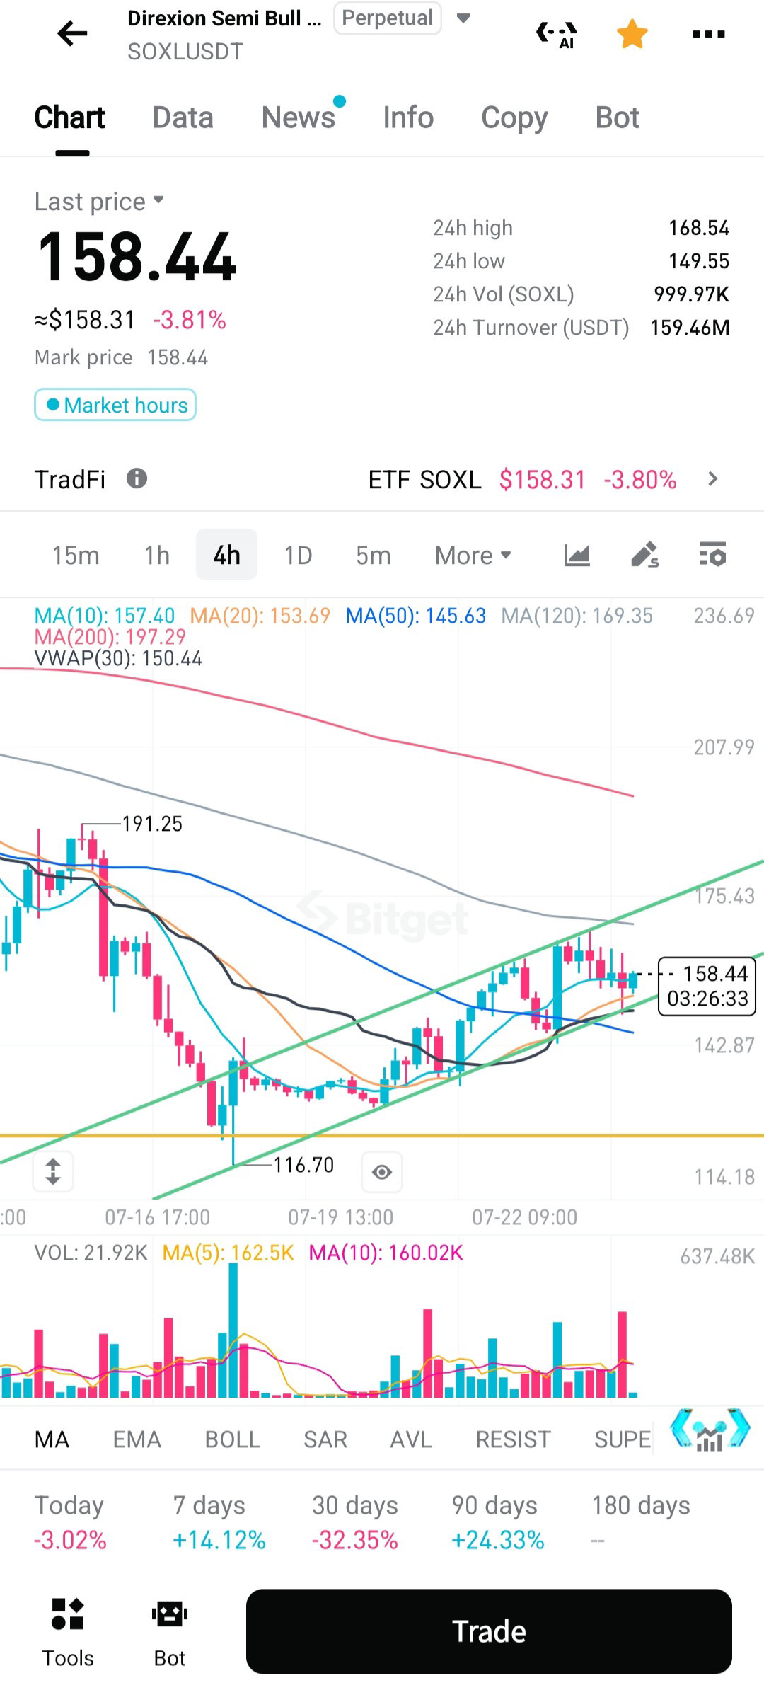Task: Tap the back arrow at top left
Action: (x=72, y=33)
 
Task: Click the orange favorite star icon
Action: (x=632, y=34)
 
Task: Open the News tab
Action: (x=298, y=117)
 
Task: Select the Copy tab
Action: (x=514, y=118)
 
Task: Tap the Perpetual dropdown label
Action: (x=388, y=18)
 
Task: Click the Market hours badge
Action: (x=115, y=405)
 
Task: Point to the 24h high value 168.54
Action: (x=699, y=228)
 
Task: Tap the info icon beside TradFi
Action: (x=137, y=478)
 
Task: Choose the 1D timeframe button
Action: (x=298, y=556)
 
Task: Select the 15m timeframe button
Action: (x=76, y=556)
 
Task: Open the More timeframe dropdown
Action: (x=473, y=556)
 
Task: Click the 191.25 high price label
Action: (x=152, y=824)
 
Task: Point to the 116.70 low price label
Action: (x=303, y=1165)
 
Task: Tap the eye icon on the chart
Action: (x=382, y=1172)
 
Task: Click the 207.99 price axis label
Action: (x=724, y=747)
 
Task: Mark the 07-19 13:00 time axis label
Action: (x=340, y=1217)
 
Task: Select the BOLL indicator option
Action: (x=233, y=1439)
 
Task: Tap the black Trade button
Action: (x=489, y=1631)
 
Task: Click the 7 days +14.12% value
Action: (x=219, y=1540)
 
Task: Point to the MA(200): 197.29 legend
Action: (x=110, y=637)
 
